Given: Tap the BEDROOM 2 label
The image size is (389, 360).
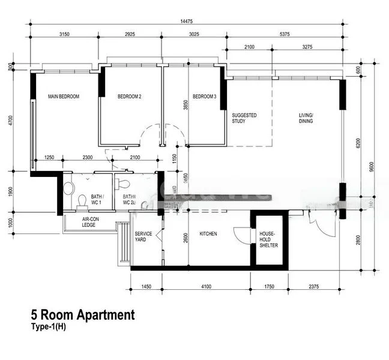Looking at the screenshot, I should point(129,97).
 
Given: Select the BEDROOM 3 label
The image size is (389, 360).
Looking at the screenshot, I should point(205,97).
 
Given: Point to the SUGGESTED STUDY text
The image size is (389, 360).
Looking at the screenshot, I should point(244,118).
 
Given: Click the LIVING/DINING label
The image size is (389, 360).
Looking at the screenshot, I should point(306,118).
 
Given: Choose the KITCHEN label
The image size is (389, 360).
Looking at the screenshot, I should point(208,233).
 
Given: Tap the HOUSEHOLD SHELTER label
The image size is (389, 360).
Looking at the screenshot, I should point(268,239).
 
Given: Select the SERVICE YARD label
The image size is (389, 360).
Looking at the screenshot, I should point(143,237).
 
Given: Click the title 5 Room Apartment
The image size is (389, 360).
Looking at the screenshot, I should point(83,315).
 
